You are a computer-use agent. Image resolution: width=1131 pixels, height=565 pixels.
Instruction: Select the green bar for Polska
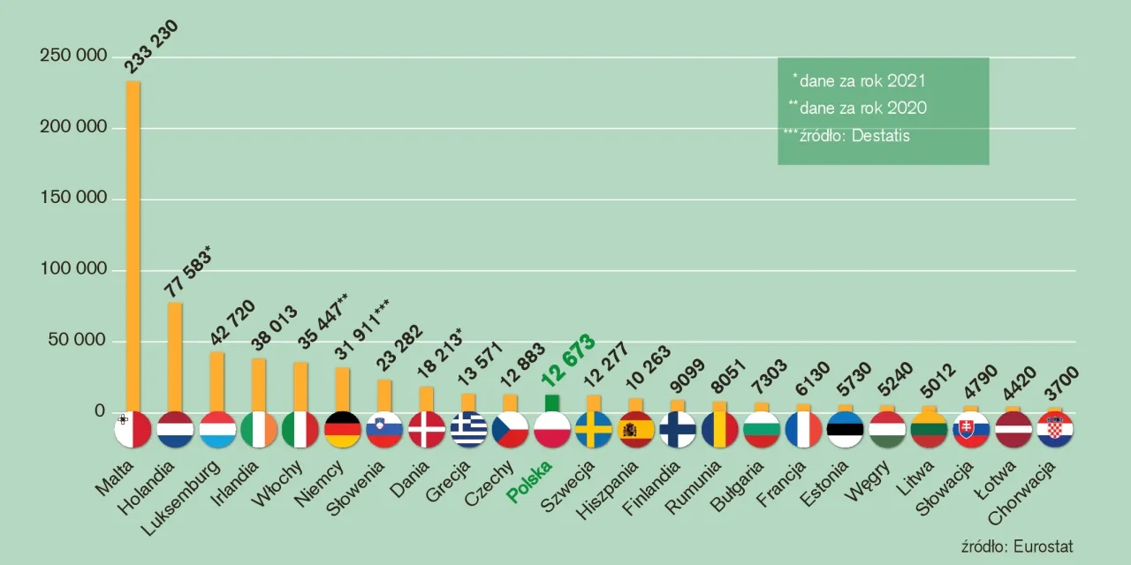click(x=552, y=403)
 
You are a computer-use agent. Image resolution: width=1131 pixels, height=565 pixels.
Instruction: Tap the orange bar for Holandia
click(x=175, y=353)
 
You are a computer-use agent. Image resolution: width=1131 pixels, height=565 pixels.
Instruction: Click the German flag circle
click(x=343, y=430)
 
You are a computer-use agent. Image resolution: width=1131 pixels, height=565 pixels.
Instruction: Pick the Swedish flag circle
click(x=593, y=430)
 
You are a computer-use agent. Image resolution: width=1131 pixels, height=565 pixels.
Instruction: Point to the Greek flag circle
click(x=468, y=430)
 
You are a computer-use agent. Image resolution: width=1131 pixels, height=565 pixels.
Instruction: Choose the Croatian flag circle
click(x=1055, y=430)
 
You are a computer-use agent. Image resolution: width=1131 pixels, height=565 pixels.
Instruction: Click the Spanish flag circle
click(x=635, y=430)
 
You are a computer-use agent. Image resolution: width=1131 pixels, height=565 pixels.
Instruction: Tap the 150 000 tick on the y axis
click(x=74, y=199)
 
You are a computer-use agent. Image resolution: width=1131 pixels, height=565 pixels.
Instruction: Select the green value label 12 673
click(x=568, y=360)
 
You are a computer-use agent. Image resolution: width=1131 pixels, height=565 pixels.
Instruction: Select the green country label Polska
click(x=530, y=481)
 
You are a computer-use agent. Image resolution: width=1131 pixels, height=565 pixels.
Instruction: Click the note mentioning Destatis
click(x=848, y=136)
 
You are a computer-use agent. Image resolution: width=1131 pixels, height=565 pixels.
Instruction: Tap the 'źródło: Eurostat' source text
click(x=1016, y=546)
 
